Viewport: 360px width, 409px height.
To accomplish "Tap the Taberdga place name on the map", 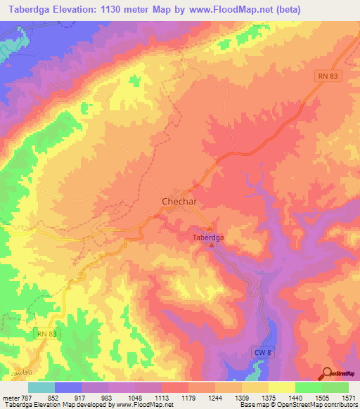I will (x=208, y=238).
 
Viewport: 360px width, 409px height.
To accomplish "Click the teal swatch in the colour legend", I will (x=41, y=388).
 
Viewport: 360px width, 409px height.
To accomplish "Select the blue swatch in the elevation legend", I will (x=68, y=388).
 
